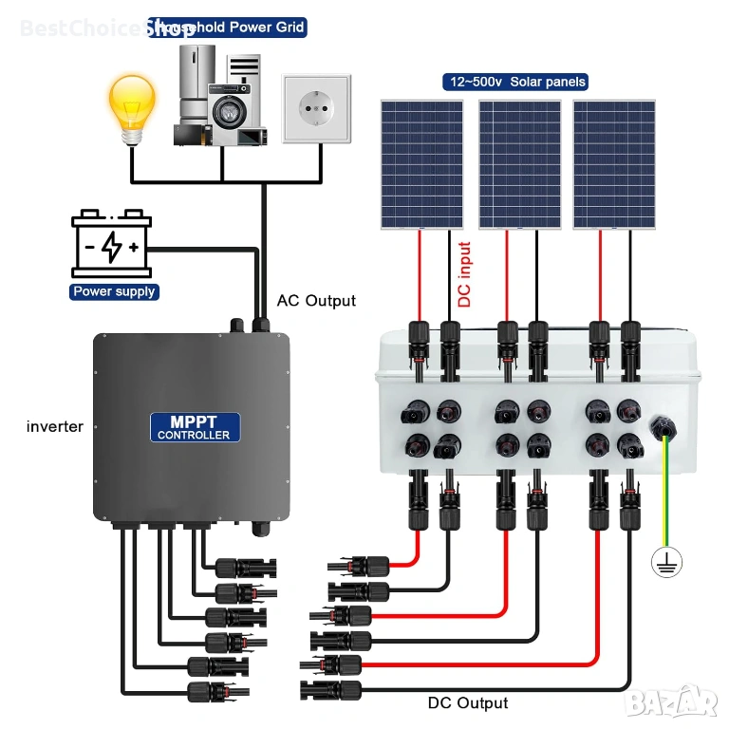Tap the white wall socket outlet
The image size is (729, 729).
tap(315, 109)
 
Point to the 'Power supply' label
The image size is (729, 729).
tap(115, 291)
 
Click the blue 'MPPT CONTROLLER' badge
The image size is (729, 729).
tap(194, 426)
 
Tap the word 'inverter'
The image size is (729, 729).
tap(55, 427)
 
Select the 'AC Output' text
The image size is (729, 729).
tap(316, 301)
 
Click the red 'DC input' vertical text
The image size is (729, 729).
tap(465, 275)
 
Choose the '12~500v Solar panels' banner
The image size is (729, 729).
tap(514, 82)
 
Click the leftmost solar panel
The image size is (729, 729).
tap(422, 163)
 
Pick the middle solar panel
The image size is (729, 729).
tap(519, 163)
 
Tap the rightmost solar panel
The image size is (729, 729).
tap(614, 163)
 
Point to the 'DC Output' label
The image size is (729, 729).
tap(467, 703)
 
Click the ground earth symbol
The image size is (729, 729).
tap(666, 562)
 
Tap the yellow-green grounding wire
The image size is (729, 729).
tap(667, 494)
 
